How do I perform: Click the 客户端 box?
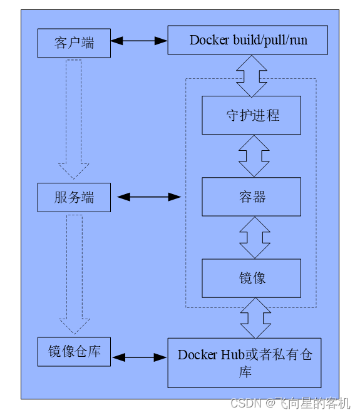click(74, 43)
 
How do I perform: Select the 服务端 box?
click(74, 197)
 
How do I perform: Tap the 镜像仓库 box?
click(74, 352)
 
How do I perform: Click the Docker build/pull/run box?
click(248, 40)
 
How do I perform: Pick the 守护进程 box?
click(252, 115)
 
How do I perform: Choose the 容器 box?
click(252, 197)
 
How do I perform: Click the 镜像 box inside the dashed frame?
click(252, 278)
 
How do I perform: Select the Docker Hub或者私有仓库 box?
click(245, 363)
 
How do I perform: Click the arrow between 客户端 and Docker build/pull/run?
click(139, 41)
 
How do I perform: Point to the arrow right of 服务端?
click(149, 197)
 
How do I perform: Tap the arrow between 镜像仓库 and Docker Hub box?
click(140, 357)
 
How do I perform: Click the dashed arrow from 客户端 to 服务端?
click(74, 119)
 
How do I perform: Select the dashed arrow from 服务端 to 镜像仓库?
click(75, 274)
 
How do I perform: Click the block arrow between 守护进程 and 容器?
click(254, 156)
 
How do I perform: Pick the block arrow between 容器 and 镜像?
click(255, 238)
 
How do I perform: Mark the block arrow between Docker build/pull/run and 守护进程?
click(252, 76)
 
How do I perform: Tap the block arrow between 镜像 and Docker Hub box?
click(255, 318)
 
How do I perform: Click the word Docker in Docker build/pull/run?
click(209, 40)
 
